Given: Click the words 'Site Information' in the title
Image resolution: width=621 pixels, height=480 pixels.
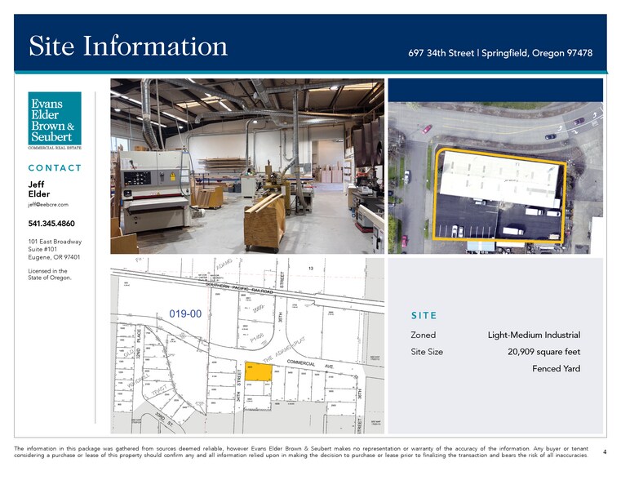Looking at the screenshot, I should pyautogui.click(x=128, y=46).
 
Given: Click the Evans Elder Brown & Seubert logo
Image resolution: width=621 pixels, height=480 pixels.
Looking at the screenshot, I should pyautogui.click(x=55, y=120).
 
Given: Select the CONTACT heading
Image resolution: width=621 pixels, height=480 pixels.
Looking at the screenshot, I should pyautogui.click(x=55, y=168).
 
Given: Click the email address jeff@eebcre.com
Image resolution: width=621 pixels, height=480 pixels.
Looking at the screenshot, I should pyautogui.click(x=48, y=205).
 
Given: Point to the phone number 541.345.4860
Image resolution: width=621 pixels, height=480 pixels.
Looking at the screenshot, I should pyautogui.click(x=51, y=224).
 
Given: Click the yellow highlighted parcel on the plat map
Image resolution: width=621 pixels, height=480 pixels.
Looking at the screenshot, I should pyautogui.click(x=259, y=371).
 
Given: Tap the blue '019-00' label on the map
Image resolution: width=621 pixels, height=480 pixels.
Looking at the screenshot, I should pyautogui.click(x=185, y=313).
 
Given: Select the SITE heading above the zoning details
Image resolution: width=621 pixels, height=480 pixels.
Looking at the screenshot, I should pyautogui.click(x=424, y=316).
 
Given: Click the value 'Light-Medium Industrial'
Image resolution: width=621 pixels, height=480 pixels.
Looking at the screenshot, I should pyautogui.click(x=534, y=336).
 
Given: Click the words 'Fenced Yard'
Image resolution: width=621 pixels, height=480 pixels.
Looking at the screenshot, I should pyautogui.click(x=556, y=369).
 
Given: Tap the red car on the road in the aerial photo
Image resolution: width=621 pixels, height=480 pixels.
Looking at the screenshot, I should pyautogui.click(x=427, y=129).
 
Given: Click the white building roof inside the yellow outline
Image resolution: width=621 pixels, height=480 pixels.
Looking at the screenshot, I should pyautogui.click(x=499, y=177).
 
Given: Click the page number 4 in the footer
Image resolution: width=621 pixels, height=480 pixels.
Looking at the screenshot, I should pyautogui.click(x=604, y=451).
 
